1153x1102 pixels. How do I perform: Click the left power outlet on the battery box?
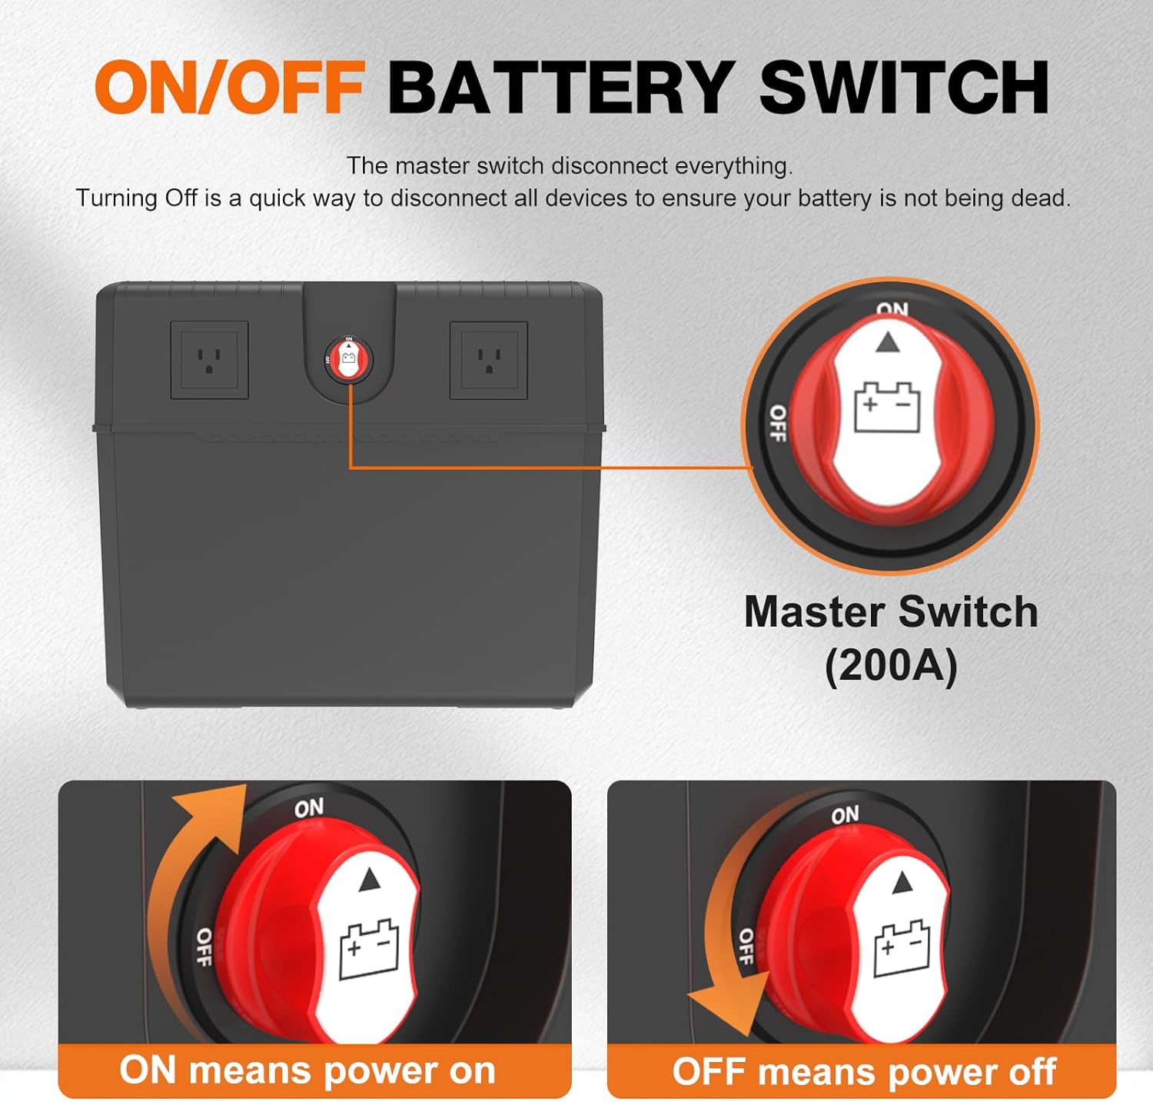(209, 360)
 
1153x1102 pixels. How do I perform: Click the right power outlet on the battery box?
(489, 360)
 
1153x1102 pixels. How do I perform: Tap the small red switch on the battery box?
(348, 359)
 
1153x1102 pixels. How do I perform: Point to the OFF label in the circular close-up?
(778, 423)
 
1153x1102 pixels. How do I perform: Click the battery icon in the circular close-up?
(888, 408)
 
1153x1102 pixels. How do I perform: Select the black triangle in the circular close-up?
(888, 342)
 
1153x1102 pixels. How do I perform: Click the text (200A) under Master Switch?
(891, 665)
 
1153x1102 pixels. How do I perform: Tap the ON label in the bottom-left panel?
(309, 808)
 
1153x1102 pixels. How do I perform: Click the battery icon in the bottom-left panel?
(369, 949)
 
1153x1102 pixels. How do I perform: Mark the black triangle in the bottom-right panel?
(902, 883)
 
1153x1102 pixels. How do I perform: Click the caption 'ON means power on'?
(307, 1070)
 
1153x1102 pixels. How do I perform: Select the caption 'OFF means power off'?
(864, 1071)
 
